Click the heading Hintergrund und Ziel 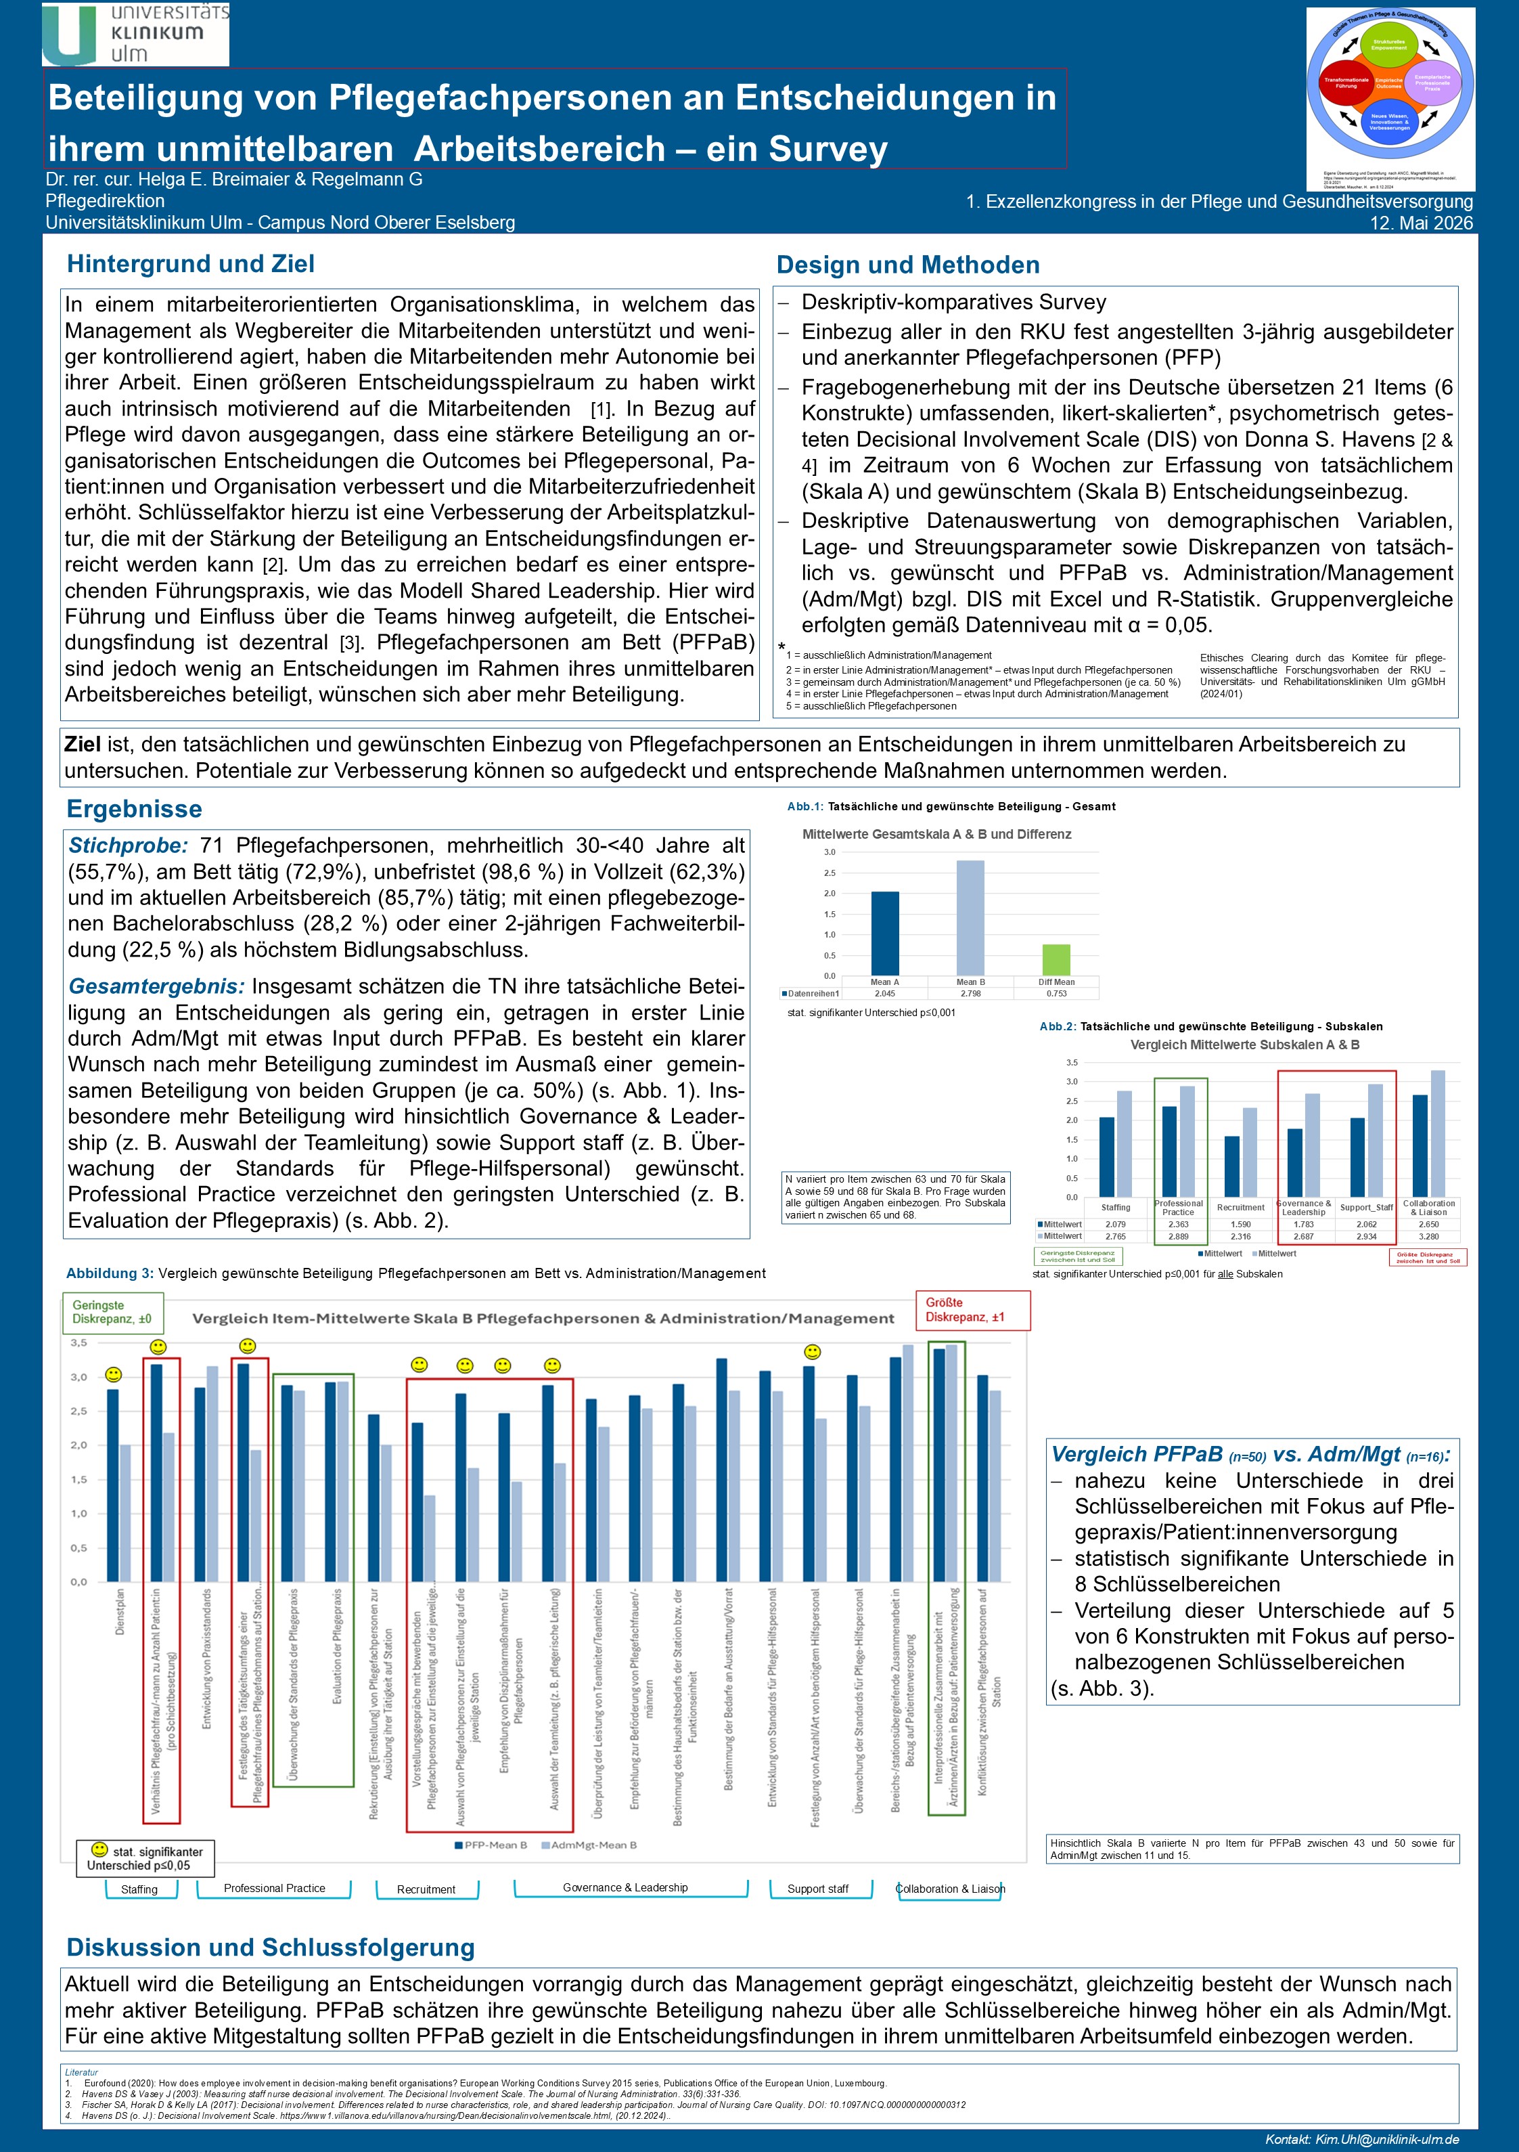190,264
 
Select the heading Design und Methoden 907,265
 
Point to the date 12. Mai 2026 1421,223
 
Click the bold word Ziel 83,744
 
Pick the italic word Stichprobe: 129,846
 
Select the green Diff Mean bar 1056,960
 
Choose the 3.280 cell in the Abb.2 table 1429,1236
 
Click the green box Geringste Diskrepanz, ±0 112,1312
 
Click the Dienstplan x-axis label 120,1611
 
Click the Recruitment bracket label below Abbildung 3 426,1889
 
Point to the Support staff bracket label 817,1889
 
